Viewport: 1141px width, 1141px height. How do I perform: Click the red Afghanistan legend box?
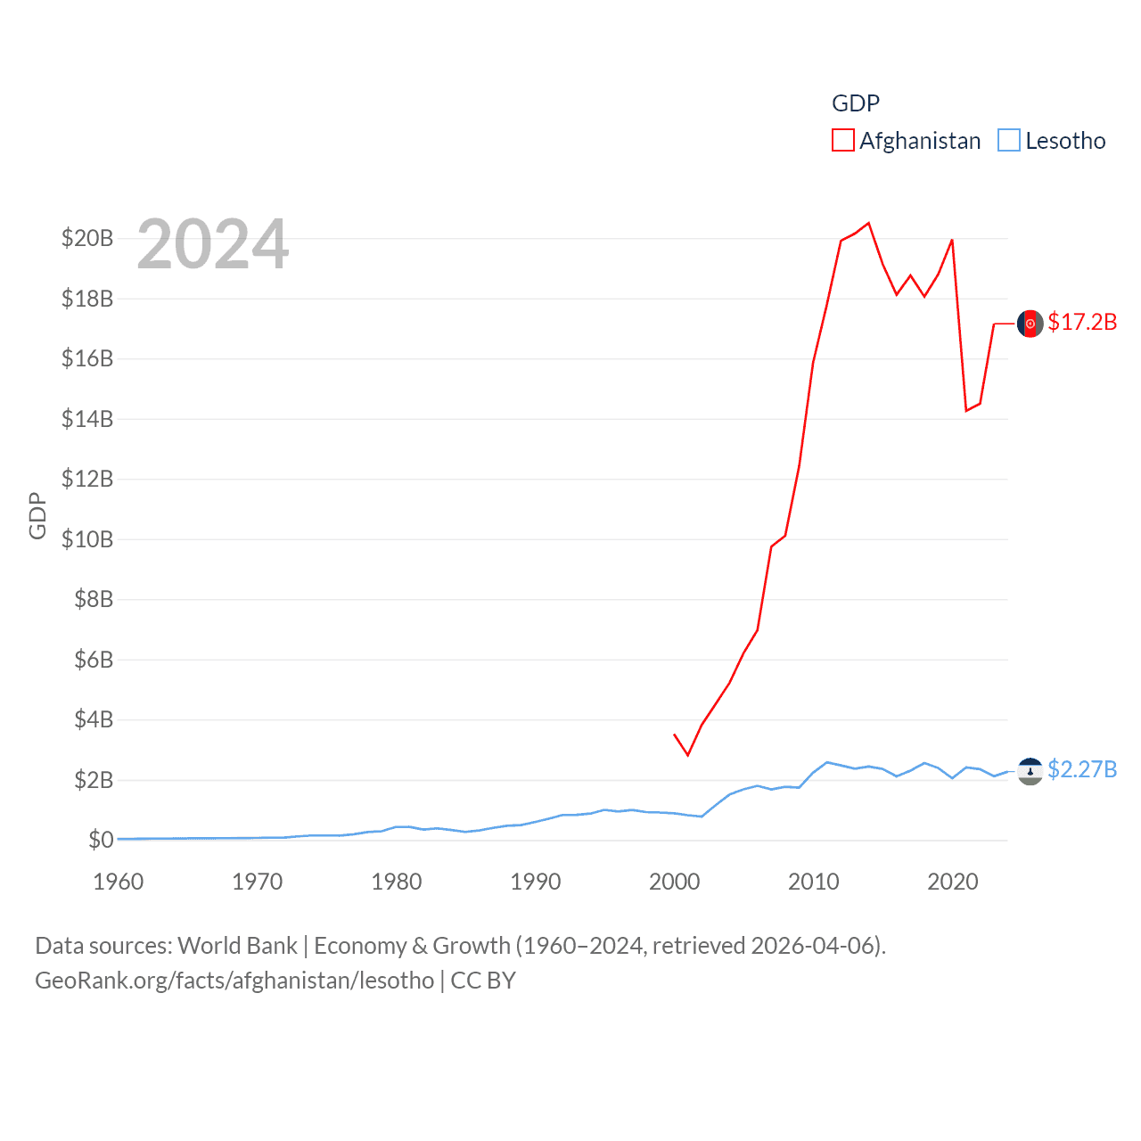[x=842, y=141]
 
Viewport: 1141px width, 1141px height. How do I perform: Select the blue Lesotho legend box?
[x=1008, y=141]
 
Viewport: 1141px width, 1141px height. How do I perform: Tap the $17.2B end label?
[x=1082, y=322]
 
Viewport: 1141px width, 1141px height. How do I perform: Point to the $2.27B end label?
[x=1082, y=769]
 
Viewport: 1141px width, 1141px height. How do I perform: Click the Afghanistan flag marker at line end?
[x=1030, y=324]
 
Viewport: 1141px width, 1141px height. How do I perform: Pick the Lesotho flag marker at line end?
[x=1030, y=771]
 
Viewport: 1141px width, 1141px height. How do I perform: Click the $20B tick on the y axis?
[x=87, y=238]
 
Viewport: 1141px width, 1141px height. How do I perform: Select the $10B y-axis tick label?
[x=87, y=539]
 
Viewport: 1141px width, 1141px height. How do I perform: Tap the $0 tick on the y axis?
[x=101, y=840]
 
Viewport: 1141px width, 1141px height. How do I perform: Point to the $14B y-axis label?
[x=87, y=419]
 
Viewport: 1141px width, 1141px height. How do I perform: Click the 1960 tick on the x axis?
[x=119, y=882]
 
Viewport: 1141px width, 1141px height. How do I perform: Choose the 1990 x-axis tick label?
[x=536, y=882]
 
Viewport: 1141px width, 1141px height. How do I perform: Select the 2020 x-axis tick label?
[x=953, y=882]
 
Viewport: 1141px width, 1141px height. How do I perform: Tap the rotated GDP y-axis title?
[x=37, y=515]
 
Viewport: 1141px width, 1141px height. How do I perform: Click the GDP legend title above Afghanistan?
[x=856, y=103]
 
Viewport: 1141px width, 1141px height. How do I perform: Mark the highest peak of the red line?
[x=868, y=223]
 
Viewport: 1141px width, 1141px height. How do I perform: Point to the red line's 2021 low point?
[x=966, y=410]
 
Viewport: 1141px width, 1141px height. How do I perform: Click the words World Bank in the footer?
[x=238, y=946]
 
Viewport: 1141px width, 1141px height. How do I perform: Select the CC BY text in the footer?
[x=483, y=981]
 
